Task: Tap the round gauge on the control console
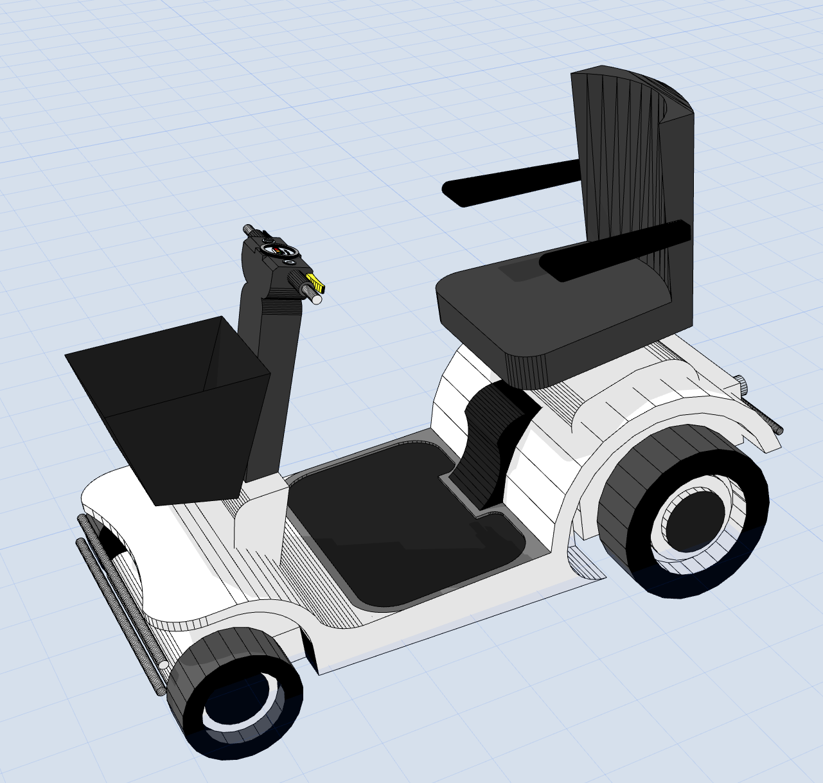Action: pyautogui.click(x=275, y=249)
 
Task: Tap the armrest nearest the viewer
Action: pyautogui.click(x=614, y=251)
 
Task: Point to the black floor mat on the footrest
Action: pyautogui.click(x=398, y=514)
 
